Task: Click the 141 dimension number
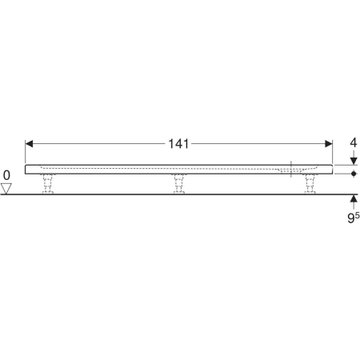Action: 178,144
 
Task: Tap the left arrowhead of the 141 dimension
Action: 29,144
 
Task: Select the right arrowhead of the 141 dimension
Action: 329,144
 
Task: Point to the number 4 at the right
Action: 354,143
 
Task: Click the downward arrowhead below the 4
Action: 354,161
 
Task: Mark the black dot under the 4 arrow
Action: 354,174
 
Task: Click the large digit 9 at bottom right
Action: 350,218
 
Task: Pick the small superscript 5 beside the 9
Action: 358,215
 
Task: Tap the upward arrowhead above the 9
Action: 354,198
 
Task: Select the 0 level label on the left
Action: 6,175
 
